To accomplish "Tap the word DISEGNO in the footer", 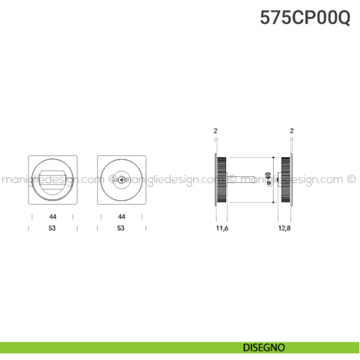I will point(266,346).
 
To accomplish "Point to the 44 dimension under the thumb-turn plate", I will point(53,217).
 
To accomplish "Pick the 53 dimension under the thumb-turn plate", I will point(53,228).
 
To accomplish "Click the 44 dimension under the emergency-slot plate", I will point(121,217).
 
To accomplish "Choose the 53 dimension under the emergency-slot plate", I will point(121,228).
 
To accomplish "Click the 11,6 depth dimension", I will point(222,229).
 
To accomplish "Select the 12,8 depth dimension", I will point(285,229).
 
